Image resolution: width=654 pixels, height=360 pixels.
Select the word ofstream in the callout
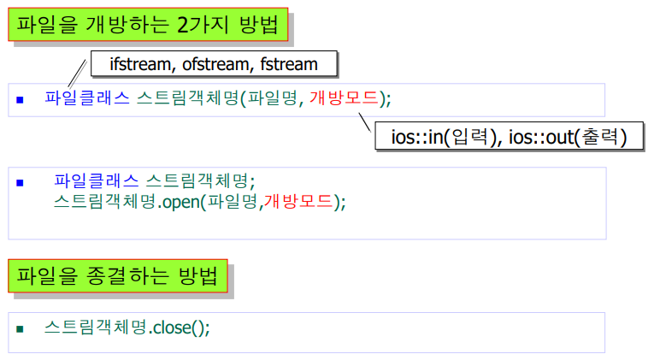[x=215, y=63]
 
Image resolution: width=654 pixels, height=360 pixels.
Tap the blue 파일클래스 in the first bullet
[x=87, y=98]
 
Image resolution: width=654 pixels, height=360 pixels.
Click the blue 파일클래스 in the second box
[x=96, y=180]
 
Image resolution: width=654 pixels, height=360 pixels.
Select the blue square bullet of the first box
[x=20, y=99]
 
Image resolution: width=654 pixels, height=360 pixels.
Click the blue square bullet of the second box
[x=20, y=182]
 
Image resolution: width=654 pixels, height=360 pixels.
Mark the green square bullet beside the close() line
[x=20, y=328]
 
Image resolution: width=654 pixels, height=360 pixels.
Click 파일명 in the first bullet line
[x=271, y=98]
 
